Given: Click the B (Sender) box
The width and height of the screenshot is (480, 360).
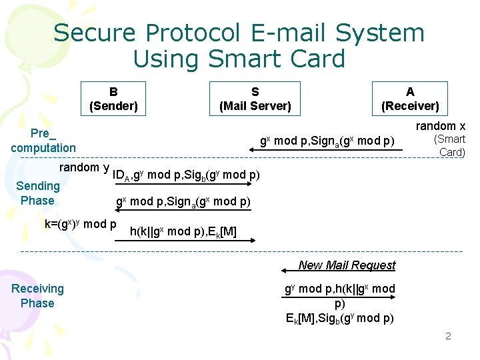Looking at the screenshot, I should point(113,99).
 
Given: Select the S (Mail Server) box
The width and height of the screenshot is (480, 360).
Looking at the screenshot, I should point(255,99).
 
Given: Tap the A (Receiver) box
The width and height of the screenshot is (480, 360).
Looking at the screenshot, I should point(410,99).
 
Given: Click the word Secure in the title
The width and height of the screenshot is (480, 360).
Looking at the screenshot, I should point(96,33).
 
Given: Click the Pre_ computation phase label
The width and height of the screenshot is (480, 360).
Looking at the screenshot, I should point(43,140).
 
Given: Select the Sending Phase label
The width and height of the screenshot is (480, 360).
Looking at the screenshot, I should point(37,193).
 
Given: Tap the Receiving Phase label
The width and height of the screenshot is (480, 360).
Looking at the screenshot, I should point(37,295).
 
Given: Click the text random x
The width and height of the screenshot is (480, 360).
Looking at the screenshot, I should point(441,126).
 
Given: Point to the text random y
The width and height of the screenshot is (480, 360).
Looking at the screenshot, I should point(85,167).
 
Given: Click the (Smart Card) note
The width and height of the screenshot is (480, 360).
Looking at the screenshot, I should point(450,145).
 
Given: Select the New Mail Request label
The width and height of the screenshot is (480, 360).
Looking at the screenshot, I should point(347,265).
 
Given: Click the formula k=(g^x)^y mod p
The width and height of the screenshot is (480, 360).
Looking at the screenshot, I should point(81,224).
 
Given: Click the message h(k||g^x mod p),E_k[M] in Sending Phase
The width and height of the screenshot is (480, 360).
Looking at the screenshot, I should point(183,231).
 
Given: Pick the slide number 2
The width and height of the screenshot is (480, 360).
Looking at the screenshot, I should point(448,335).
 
